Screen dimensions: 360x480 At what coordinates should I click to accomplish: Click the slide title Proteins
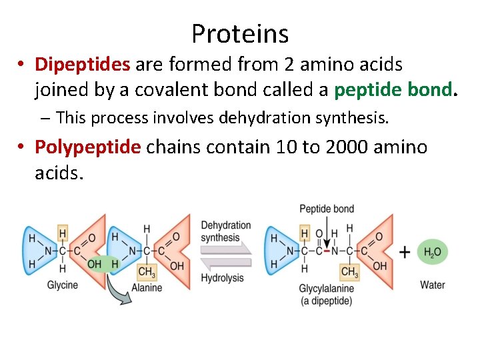tap(240, 33)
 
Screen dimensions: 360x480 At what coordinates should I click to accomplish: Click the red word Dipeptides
tap(83, 64)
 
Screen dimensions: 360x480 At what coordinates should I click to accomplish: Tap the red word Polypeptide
tap(88, 146)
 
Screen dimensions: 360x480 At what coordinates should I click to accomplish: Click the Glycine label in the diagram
tap(62, 285)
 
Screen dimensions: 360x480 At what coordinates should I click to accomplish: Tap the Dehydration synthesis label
tap(225, 231)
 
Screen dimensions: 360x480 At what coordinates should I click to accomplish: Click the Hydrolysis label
tap(222, 277)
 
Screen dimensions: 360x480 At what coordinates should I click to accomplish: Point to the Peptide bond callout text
tap(327, 209)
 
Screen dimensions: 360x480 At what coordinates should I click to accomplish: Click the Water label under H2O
tap(432, 285)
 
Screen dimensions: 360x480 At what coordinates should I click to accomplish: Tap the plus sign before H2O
tap(404, 252)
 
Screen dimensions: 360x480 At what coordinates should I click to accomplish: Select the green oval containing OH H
tap(103, 264)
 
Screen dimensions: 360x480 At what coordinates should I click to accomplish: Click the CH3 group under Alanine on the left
tap(146, 271)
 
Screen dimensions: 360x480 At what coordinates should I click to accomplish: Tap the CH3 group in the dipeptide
tap(349, 271)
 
